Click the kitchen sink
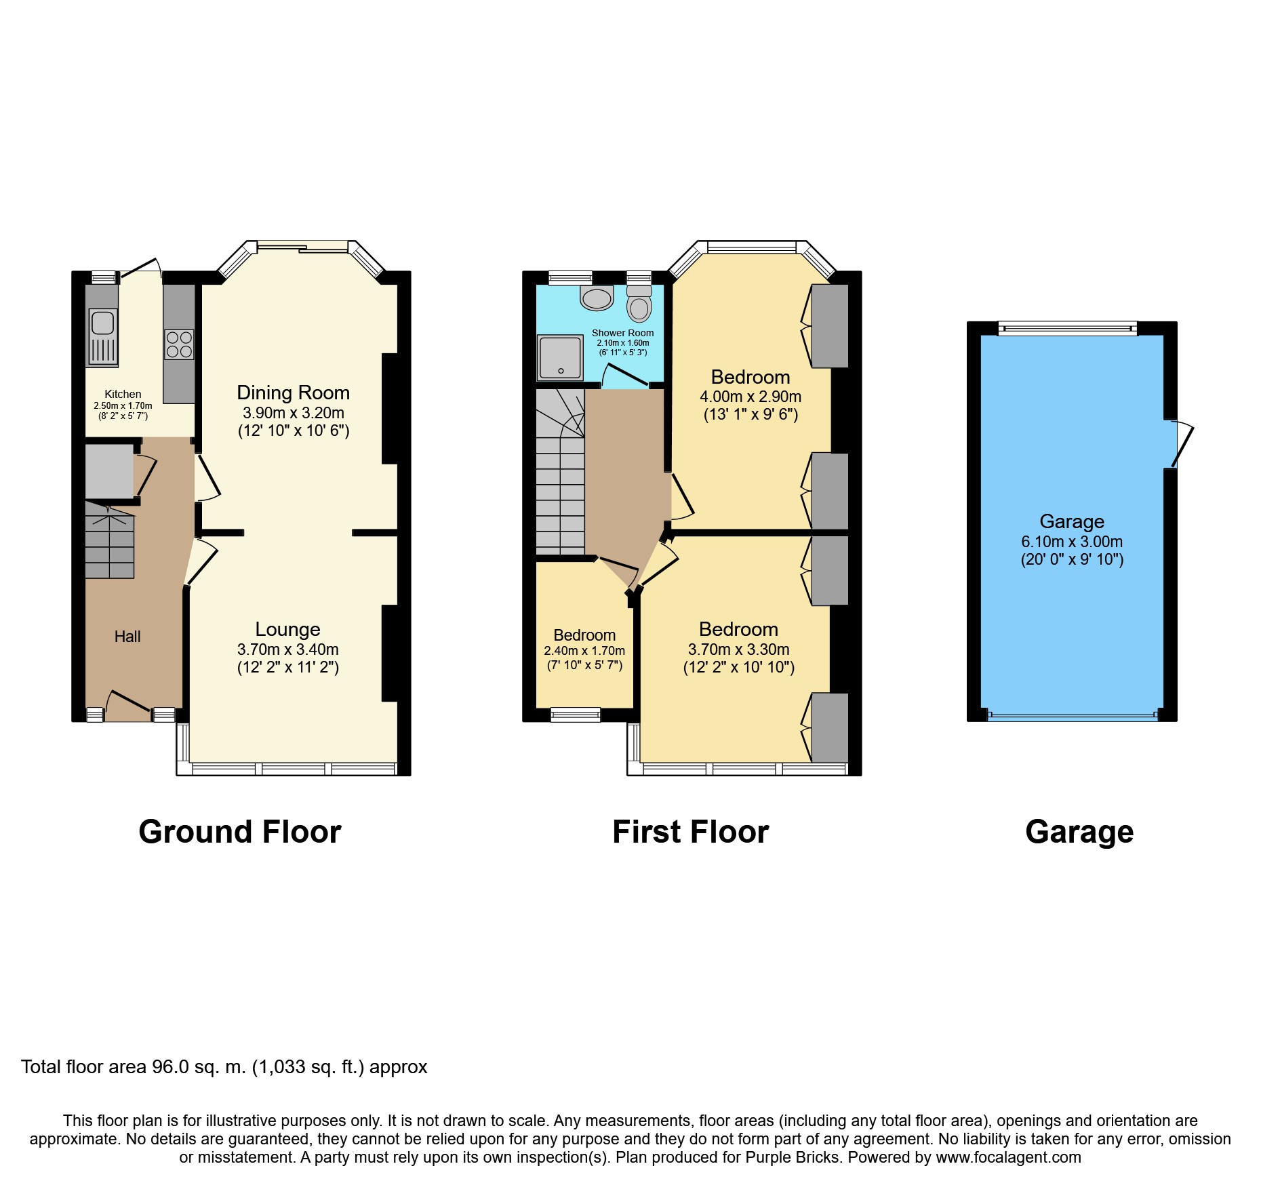point(102,336)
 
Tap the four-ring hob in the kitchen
point(179,344)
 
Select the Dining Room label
point(293,393)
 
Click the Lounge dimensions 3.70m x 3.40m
point(287,649)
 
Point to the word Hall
point(127,637)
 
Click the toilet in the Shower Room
point(639,304)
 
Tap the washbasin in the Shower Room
point(597,298)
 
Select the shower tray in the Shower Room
point(560,357)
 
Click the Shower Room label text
point(622,333)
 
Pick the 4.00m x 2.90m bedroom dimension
point(750,397)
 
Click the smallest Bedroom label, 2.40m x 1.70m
point(584,635)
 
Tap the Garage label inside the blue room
point(1072,521)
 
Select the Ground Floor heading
point(240,832)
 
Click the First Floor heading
point(690,832)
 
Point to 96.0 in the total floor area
point(170,1067)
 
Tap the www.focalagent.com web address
point(1008,1157)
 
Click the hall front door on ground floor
point(129,705)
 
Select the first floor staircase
point(560,475)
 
